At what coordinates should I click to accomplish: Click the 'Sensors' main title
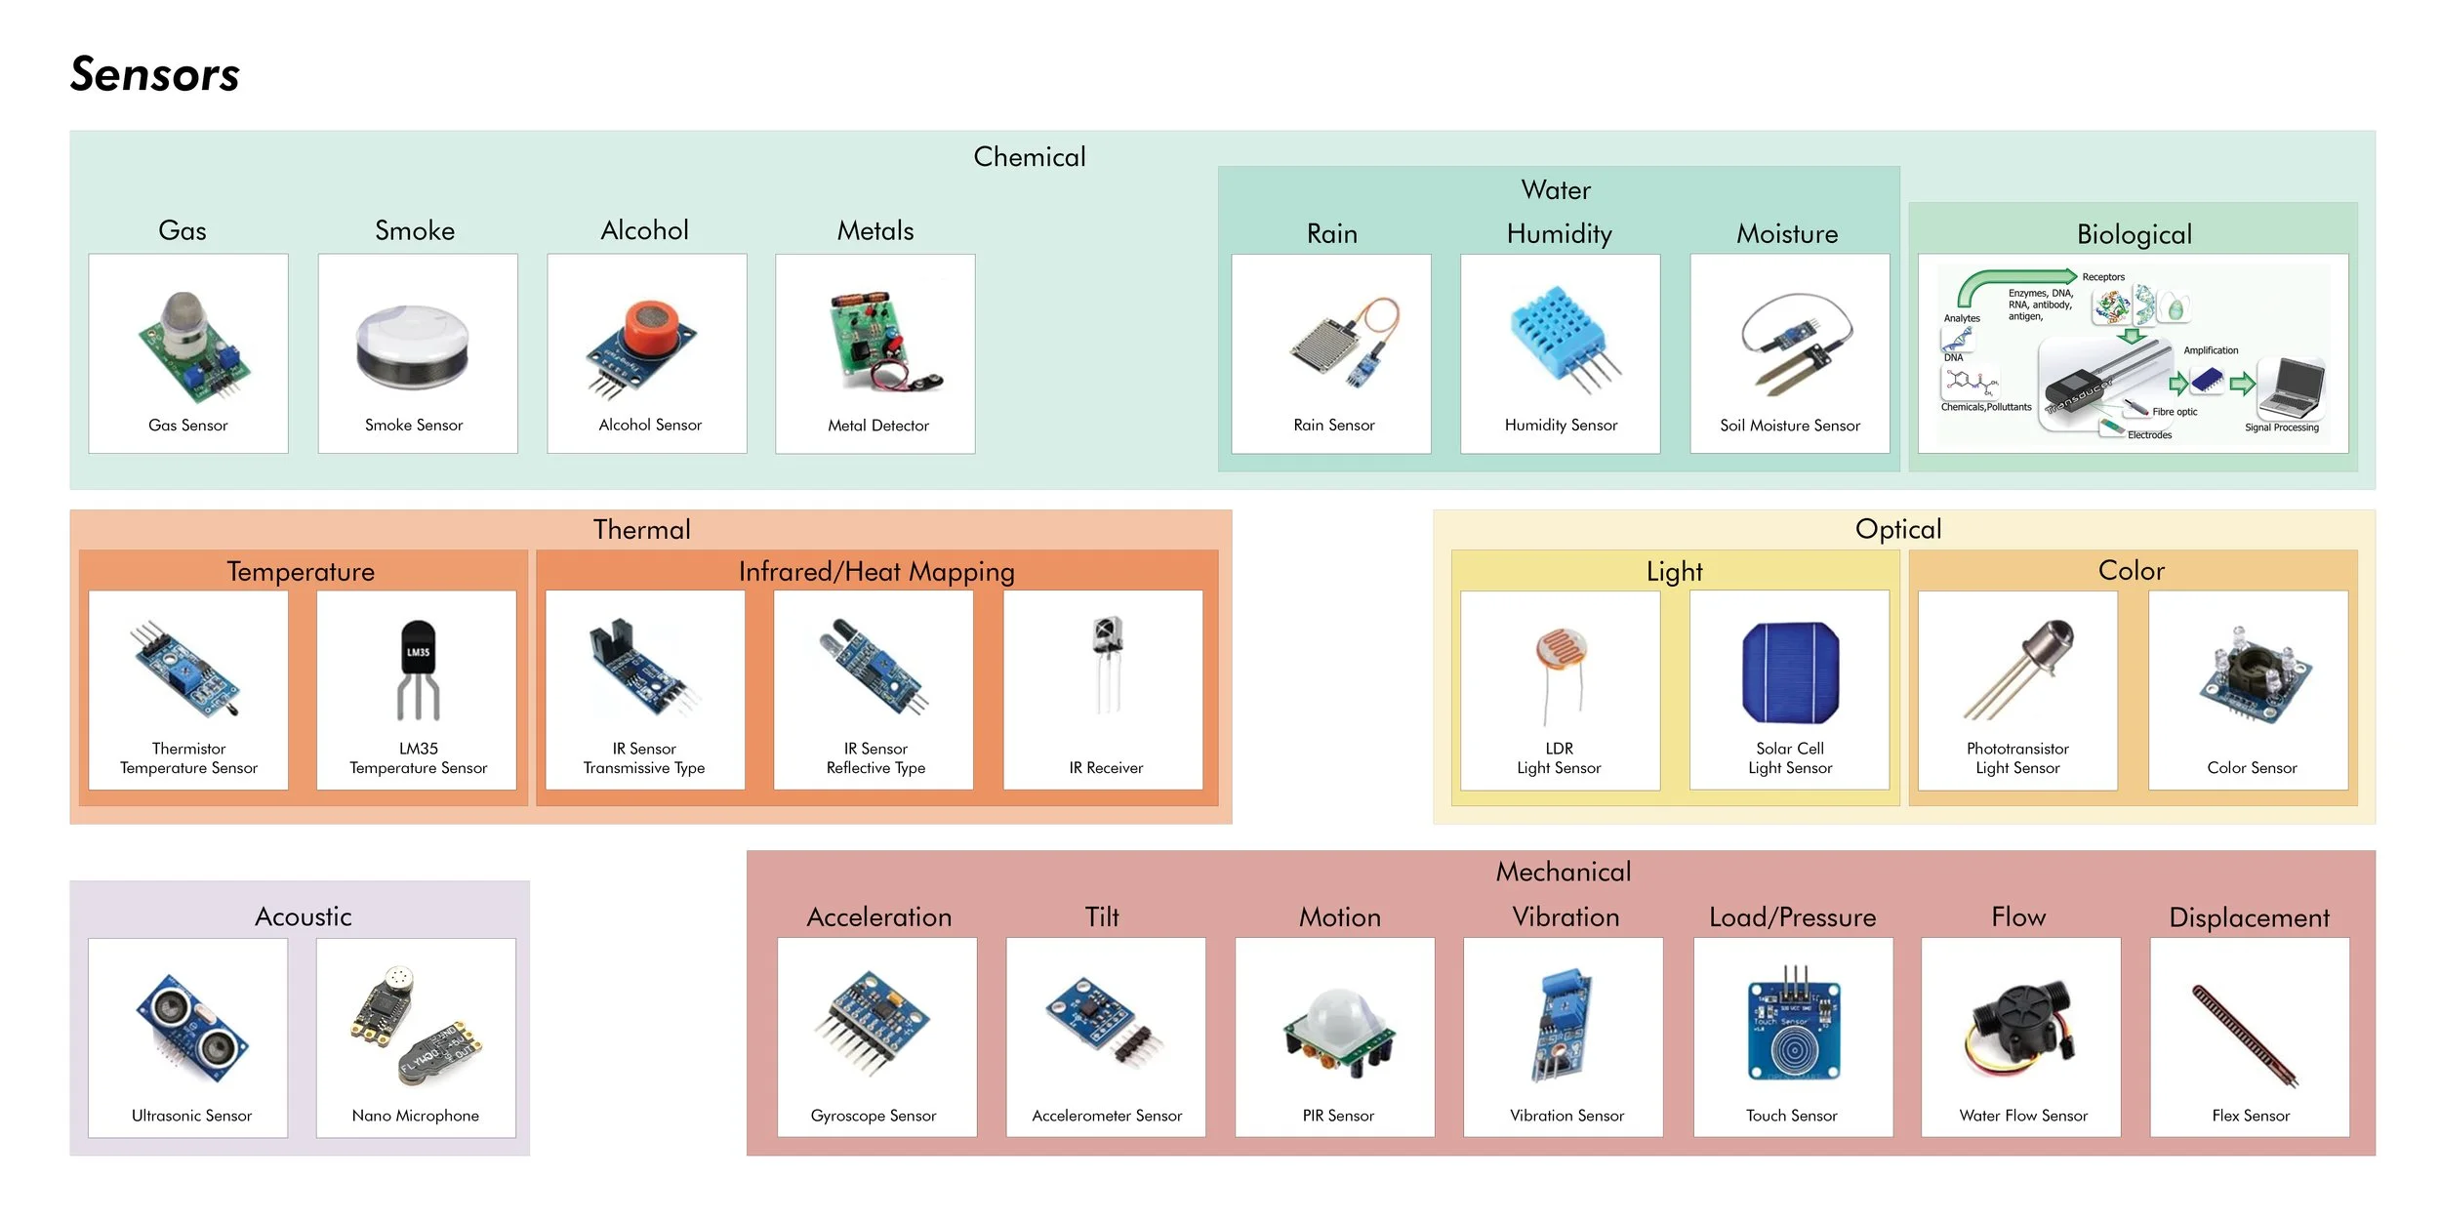click(155, 75)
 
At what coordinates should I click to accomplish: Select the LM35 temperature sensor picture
click(418, 668)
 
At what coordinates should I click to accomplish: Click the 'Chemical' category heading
click(1029, 157)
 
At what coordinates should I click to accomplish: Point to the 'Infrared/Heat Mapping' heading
click(875, 571)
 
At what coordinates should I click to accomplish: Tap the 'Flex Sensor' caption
click(2250, 1116)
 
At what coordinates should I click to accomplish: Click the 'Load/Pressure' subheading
click(1792, 917)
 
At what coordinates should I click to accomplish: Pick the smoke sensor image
click(414, 347)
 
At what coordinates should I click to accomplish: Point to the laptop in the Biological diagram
click(2296, 386)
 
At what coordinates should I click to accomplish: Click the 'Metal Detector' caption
click(877, 426)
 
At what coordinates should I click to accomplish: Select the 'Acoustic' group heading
click(303, 916)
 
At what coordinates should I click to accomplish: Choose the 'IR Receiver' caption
click(1105, 768)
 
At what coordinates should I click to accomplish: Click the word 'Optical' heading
click(1897, 529)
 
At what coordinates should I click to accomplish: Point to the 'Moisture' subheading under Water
click(1786, 234)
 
